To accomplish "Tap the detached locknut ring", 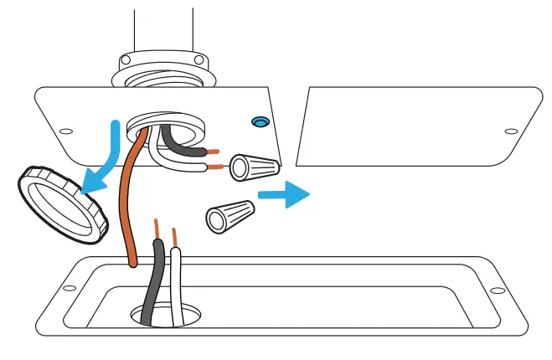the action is coord(62,202).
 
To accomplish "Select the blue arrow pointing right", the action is coord(283,195).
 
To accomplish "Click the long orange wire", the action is coord(128,209).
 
